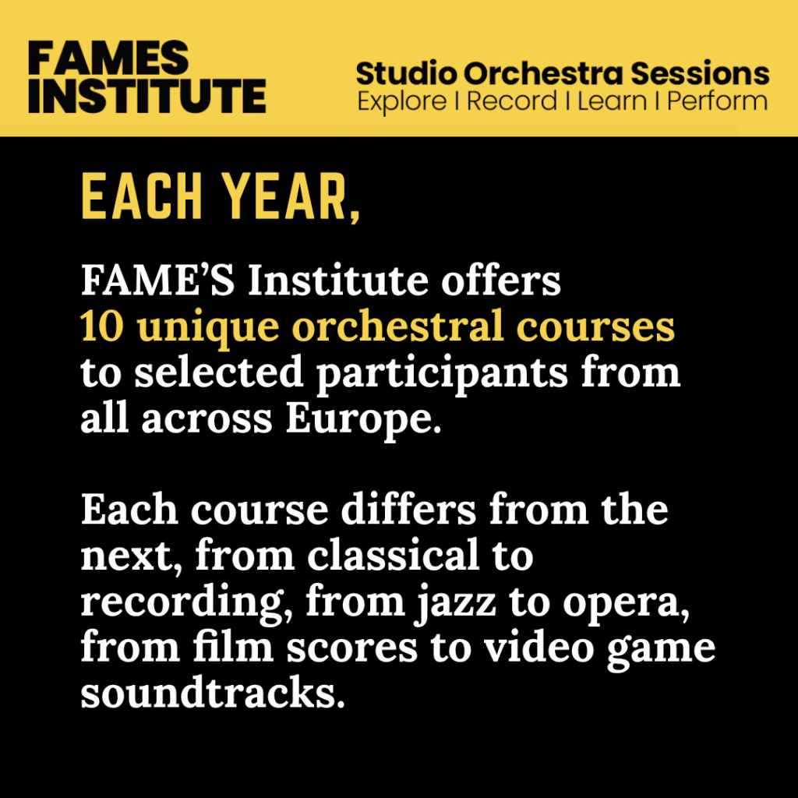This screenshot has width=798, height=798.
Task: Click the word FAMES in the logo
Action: (x=108, y=58)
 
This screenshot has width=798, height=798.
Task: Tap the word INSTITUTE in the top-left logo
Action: (x=147, y=96)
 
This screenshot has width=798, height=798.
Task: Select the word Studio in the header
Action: (x=406, y=73)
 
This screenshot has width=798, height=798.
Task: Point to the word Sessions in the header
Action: (x=701, y=73)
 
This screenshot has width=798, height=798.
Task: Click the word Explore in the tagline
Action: (x=402, y=102)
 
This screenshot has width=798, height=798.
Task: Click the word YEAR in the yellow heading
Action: (x=286, y=196)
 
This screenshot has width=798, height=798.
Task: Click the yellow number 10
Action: (x=102, y=327)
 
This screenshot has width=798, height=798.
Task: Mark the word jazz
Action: (x=456, y=603)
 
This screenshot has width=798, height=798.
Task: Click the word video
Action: (x=539, y=647)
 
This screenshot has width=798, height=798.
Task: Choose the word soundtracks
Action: (x=213, y=693)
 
